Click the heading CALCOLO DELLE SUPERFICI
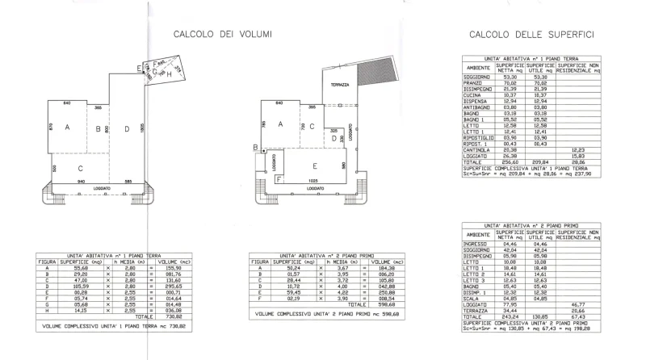(532, 35)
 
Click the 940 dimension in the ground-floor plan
(81, 182)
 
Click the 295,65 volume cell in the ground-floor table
(174, 286)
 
